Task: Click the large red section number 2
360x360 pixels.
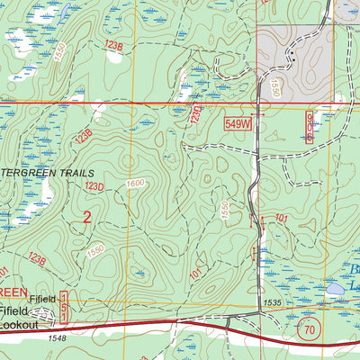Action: pos(87,217)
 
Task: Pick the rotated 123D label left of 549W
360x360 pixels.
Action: pos(196,113)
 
